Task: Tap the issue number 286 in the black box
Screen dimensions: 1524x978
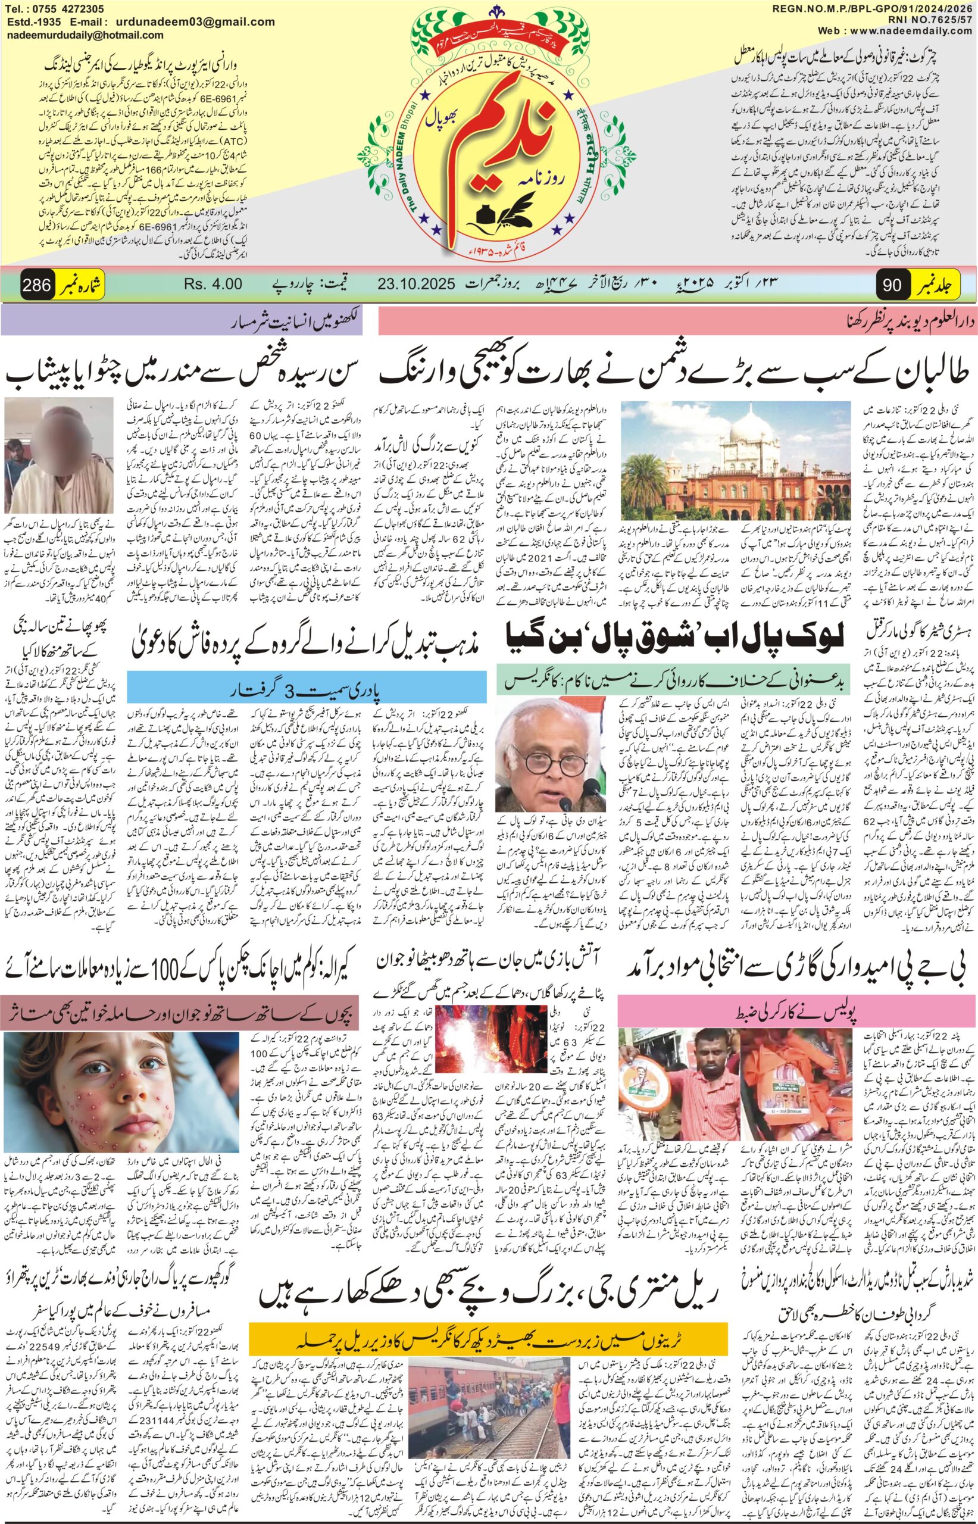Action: pos(36,285)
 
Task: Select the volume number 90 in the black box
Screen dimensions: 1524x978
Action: pos(892,285)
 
